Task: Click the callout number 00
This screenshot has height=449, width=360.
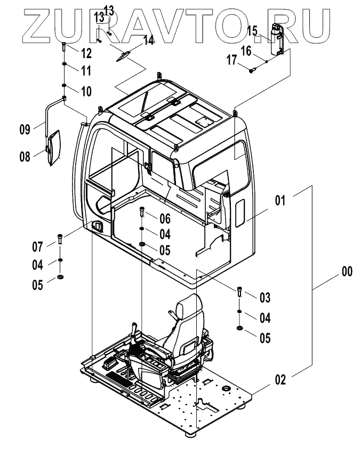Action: (347, 272)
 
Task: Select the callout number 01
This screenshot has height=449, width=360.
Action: (281, 201)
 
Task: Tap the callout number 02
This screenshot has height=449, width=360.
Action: (281, 380)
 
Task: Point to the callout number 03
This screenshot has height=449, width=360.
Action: (265, 296)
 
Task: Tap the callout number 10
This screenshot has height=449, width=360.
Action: (85, 91)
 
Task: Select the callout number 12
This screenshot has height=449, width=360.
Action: (85, 52)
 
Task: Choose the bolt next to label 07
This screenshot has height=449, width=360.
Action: (60, 239)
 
